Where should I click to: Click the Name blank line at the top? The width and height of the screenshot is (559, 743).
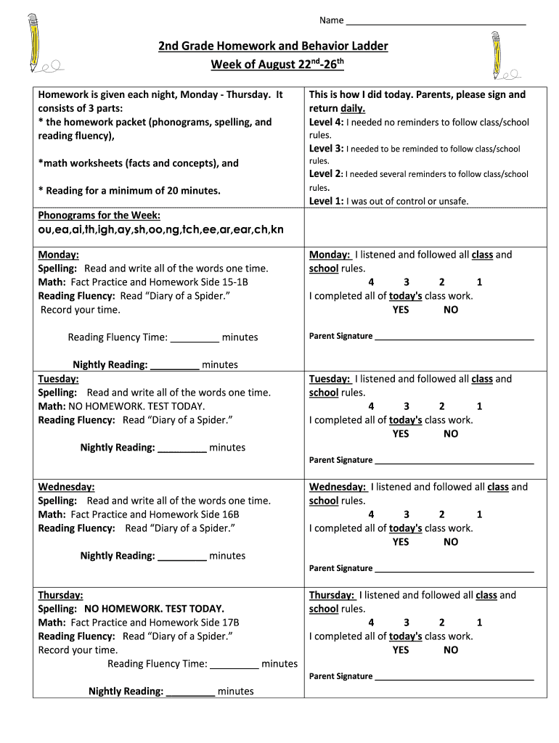tap(436, 22)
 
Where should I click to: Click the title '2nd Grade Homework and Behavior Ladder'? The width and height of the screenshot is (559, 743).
tap(274, 46)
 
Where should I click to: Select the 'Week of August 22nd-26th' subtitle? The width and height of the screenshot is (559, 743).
tap(277, 65)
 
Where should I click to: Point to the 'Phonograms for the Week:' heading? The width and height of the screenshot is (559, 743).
tap(99, 215)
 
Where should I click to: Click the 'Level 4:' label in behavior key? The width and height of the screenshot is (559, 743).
tap(326, 122)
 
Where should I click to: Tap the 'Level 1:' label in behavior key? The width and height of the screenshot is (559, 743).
tap(326, 201)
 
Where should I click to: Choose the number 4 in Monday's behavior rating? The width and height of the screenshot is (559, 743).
tap(371, 282)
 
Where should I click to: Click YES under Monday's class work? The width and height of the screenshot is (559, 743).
tap(401, 310)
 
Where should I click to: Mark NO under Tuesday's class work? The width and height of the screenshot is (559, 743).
tap(451, 434)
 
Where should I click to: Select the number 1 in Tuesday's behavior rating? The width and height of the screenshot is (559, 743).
tap(479, 406)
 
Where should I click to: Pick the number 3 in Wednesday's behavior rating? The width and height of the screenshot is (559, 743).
tap(407, 514)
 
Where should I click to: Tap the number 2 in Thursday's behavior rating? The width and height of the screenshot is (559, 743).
tap(441, 623)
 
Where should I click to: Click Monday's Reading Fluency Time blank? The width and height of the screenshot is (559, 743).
tap(195, 338)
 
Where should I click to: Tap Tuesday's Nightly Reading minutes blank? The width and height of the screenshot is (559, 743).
tap(182, 448)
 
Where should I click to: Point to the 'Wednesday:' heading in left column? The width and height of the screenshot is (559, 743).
tap(66, 487)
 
